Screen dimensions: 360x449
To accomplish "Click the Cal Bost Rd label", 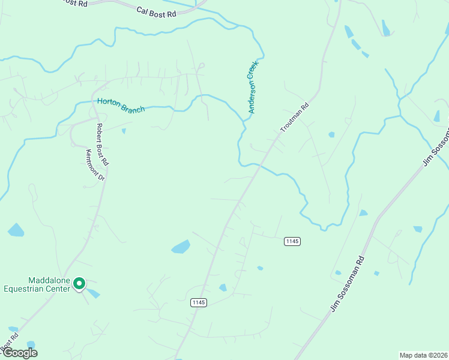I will pyautogui.click(x=156, y=11).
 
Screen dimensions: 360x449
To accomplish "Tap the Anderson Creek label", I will pyautogui.click(x=253, y=86).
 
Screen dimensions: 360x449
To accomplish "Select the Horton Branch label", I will pyautogui.click(x=121, y=106).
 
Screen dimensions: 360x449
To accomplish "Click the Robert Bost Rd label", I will pyautogui.click(x=101, y=145).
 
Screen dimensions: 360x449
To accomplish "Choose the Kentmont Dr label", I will pyautogui.click(x=95, y=165).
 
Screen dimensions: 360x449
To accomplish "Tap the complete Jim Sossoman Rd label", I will pyautogui.click(x=348, y=284).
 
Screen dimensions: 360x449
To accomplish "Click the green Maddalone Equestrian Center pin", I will pyautogui.click(x=80, y=284).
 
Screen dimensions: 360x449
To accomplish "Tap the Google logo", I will pyautogui.click(x=19, y=353).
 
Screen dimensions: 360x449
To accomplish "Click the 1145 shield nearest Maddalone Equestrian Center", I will pyautogui.click(x=199, y=302).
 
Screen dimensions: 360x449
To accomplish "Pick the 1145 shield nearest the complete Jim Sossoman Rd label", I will pyautogui.click(x=292, y=241).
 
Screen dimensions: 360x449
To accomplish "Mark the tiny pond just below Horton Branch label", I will pyautogui.click(x=123, y=130).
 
